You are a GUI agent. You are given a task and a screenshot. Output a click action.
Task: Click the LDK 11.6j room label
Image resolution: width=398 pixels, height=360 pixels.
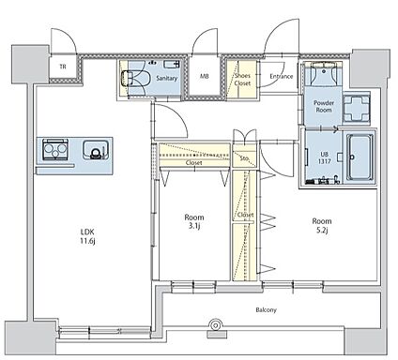pos(87,236)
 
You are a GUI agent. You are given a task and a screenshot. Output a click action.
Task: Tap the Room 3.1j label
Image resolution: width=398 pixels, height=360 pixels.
pos(194,221)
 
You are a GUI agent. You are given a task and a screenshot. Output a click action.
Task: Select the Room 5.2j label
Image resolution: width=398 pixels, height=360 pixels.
pos(322,226)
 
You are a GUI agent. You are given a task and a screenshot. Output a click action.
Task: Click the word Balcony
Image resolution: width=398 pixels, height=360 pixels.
pos(267,310)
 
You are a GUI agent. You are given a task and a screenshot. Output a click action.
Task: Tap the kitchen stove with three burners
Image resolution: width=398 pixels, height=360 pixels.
pos(55,149)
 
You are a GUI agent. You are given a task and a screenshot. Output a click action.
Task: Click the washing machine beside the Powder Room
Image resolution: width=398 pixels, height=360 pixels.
pos(357,108)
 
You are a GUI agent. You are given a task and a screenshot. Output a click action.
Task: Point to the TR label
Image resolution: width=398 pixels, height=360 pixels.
pos(63,67)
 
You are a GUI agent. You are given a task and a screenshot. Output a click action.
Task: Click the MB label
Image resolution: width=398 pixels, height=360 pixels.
pos(205,76)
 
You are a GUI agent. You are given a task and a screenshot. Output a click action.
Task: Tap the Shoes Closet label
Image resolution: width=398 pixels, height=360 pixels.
pos(242,80)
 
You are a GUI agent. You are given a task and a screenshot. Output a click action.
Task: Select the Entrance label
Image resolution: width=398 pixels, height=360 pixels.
pos(282,76)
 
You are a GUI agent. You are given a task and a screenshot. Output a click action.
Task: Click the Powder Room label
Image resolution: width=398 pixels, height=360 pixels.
pos(324,106)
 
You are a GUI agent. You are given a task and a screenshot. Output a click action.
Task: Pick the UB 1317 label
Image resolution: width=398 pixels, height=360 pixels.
pos(324,157)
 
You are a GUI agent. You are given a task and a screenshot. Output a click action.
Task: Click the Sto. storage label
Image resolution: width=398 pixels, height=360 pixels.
pos(245,158)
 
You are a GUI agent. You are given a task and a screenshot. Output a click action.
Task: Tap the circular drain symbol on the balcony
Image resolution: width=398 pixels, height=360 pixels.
pos(216,325)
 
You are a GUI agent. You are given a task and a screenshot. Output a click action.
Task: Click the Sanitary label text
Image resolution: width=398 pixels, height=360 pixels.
pos(167,78)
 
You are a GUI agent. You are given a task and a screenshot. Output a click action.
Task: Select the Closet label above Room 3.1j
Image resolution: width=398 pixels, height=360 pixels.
pos(194,162)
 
